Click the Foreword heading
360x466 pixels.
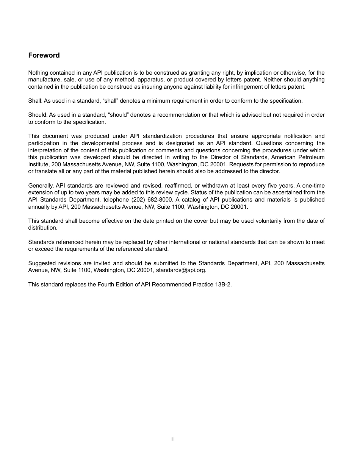click(44, 55)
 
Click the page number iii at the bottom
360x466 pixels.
click(173, 439)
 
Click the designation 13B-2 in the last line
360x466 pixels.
click(223, 285)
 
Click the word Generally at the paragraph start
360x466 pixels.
click(41, 186)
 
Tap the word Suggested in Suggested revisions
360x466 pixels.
click(42, 263)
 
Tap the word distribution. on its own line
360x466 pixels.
click(43, 228)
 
